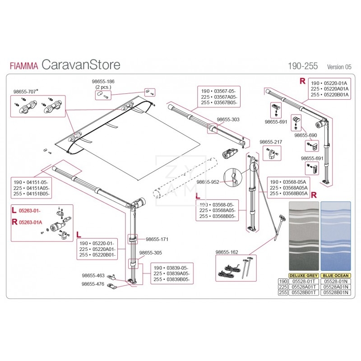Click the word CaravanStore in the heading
[x=81, y=65]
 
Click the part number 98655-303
[x=228, y=120]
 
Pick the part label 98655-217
[x=271, y=142]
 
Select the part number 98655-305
[x=151, y=253]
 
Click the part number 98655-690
[x=305, y=135]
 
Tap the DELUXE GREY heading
[x=303, y=275]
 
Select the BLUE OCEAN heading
[x=335, y=275]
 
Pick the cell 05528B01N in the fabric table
[x=335, y=292]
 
